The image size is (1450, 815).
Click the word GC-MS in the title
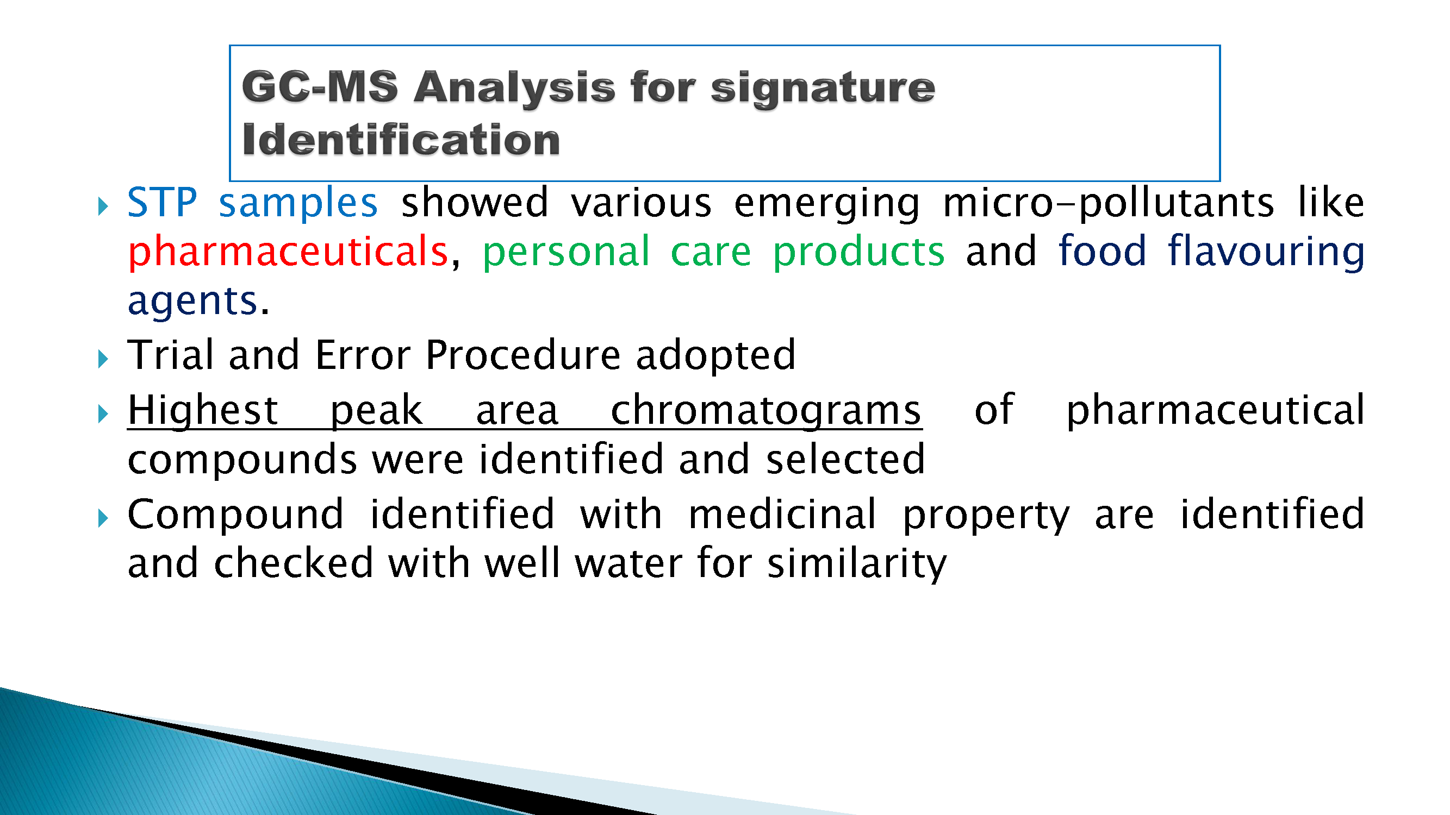coord(320,87)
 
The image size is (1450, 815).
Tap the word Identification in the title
coord(401,140)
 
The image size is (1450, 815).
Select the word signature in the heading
coord(823,89)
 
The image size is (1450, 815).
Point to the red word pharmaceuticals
coord(288,252)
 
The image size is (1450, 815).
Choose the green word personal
coord(566,253)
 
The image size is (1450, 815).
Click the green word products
coord(858,253)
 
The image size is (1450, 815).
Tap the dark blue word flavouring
coord(1266,252)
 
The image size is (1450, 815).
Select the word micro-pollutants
coord(1108,203)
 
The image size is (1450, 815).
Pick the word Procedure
coord(523,356)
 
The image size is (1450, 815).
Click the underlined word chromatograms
coord(766,411)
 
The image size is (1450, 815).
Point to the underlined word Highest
coord(203,411)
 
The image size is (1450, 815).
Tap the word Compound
coord(235,515)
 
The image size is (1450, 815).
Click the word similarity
coord(857,564)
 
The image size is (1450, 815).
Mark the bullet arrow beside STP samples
coord(102,206)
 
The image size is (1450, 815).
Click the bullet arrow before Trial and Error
coord(102,359)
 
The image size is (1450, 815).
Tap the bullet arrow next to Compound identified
coord(102,518)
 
